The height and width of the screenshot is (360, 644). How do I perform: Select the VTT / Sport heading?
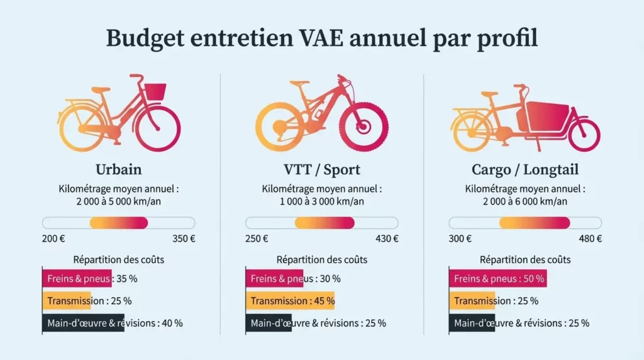tap(321, 170)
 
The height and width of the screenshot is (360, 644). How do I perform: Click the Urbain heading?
tap(118, 170)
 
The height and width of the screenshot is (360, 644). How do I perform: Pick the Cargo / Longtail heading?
tap(525, 170)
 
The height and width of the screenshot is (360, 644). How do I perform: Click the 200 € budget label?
tap(53, 239)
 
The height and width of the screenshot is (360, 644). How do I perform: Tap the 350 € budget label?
tap(183, 239)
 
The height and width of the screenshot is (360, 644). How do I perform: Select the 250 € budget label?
tap(257, 239)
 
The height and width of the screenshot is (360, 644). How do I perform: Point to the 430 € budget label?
tap(387, 239)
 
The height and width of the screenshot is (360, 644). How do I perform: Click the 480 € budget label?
tap(590, 239)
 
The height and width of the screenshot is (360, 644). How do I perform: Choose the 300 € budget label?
tap(460, 239)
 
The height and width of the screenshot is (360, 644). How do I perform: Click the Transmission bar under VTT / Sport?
tap(290, 301)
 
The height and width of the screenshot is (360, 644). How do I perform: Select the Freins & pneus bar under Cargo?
tap(497, 279)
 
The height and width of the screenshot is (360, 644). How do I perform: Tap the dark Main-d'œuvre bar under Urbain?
tap(83, 323)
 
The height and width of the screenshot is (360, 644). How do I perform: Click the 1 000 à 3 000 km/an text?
tap(321, 201)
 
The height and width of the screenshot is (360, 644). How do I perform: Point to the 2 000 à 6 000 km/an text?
tap(525, 201)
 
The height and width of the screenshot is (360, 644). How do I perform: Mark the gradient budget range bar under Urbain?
tap(118, 223)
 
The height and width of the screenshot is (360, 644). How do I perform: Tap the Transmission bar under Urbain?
tap(67, 301)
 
